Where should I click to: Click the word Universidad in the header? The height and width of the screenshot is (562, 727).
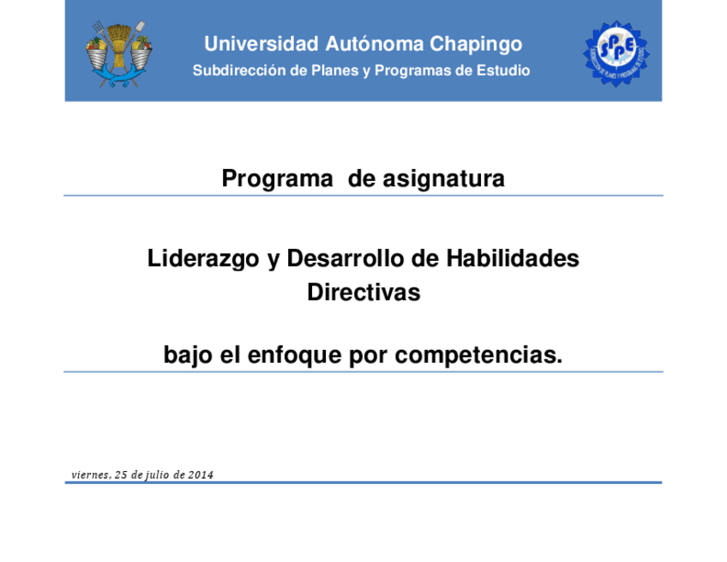(x=261, y=44)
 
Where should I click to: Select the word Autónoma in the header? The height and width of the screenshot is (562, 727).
(x=374, y=44)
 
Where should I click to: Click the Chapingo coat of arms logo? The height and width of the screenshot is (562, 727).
(x=119, y=54)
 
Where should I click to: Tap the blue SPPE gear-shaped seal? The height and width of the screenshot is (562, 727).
(x=616, y=53)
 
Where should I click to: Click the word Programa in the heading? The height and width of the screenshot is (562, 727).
(x=277, y=179)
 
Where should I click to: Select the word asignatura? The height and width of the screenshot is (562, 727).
(x=444, y=179)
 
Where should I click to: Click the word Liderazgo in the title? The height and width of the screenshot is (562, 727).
(x=203, y=259)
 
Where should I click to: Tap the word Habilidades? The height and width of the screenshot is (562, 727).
(x=513, y=258)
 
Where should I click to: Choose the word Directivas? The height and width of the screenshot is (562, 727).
(x=364, y=293)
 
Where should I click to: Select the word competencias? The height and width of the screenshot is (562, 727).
(x=478, y=356)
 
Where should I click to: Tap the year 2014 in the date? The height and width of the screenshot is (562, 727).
(x=201, y=474)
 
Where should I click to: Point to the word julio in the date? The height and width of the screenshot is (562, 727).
(x=158, y=475)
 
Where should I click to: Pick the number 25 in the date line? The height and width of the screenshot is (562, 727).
(x=121, y=474)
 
